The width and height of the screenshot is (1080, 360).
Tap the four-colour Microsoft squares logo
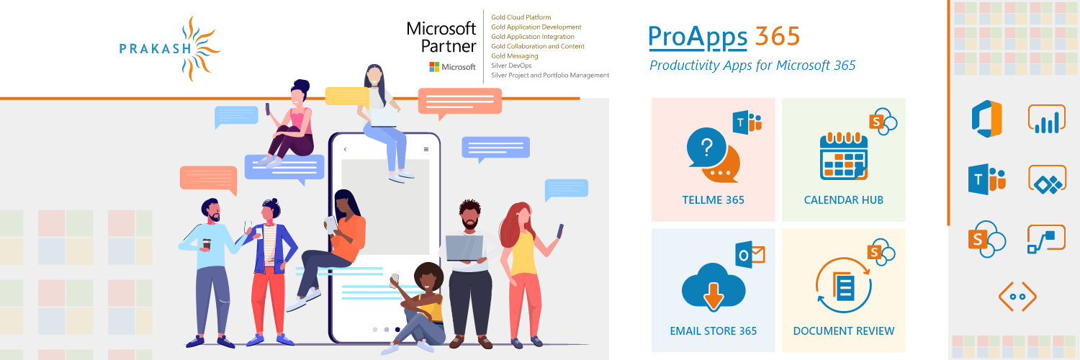(x=434, y=67)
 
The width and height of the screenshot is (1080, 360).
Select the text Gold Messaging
(x=515, y=56)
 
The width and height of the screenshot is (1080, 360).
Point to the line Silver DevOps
(x=511, y=66)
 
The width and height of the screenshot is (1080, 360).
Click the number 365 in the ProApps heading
(x=777, y=36)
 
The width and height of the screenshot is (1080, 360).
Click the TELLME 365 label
(x=713, y=200)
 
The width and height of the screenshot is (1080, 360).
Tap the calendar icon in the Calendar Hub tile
(x=844, y=156)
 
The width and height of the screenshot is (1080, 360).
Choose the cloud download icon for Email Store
(x=714, y=287)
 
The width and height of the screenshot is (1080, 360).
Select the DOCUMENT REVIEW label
(x=844, y=331)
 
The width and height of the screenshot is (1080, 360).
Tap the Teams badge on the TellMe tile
(x=747, y=122)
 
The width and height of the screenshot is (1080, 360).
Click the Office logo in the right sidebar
(x=987, y=119)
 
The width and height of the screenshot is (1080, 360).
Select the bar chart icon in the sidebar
(x=1047, y=119)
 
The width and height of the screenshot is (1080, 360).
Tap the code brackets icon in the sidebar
(x=1017, y=297)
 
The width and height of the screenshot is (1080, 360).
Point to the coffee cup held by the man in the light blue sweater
(x=207, y=244)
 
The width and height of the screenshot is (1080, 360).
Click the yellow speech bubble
(x=347, y=96)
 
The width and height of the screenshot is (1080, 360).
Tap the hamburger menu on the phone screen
(x=426, y=149)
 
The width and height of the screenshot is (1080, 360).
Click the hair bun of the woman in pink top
(x=302, y=86)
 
